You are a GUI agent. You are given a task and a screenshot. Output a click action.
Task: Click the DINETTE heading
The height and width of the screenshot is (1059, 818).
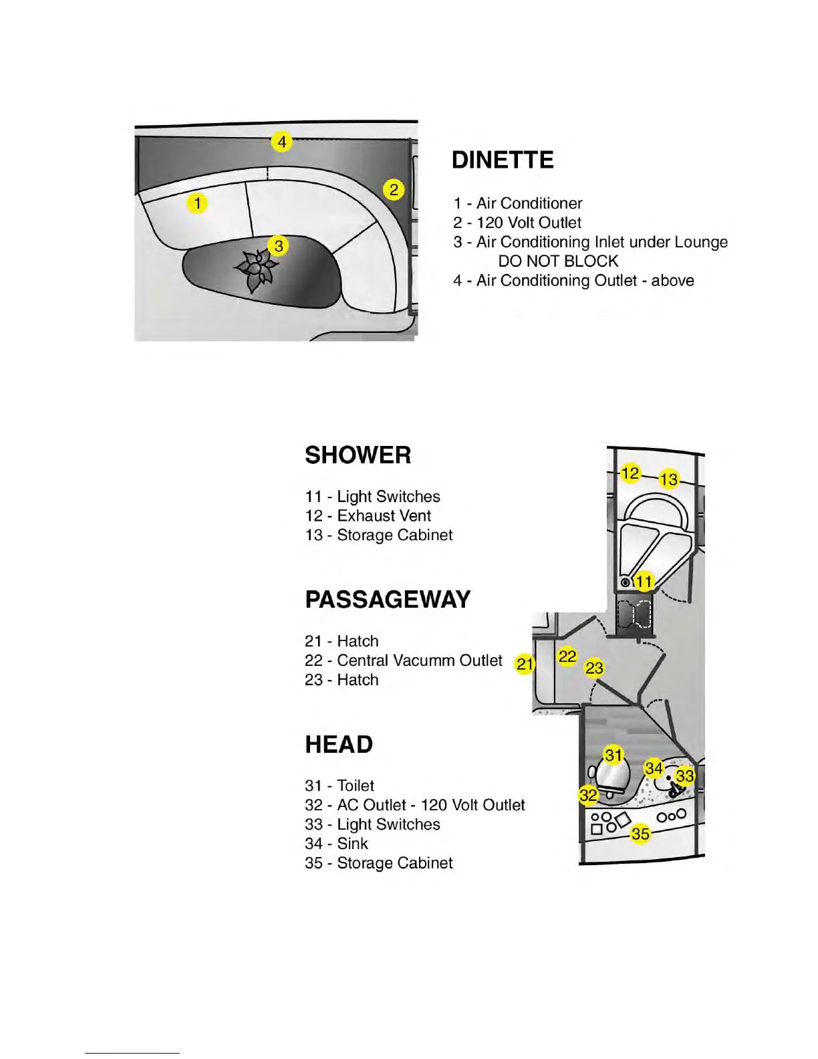[503, 160]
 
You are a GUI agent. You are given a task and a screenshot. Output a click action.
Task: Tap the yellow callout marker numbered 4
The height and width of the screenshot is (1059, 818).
[282, 142]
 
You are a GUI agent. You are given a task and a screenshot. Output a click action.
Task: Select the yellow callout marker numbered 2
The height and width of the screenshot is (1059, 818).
[394, 190]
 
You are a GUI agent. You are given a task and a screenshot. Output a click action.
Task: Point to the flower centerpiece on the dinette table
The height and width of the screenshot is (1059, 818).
[256, 269]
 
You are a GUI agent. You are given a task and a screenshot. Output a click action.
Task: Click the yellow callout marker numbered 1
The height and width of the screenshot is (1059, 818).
[197, 202]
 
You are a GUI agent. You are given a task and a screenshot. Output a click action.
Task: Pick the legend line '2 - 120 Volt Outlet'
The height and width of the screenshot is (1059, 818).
[517, 223]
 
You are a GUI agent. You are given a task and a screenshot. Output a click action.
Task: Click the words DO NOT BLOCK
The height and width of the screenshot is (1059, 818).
[558, 261]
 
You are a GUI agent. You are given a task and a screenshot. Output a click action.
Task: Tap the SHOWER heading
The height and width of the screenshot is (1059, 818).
[358, 455]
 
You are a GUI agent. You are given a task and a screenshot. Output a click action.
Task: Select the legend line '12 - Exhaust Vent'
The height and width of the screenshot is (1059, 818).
[368, 516]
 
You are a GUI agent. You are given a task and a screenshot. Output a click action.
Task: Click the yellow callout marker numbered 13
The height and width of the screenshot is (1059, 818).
[669, 479]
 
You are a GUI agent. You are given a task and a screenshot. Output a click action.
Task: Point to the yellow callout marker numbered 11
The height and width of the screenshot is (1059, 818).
[644, 582]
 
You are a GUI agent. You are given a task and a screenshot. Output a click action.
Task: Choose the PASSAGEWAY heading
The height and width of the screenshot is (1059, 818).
[388, 600]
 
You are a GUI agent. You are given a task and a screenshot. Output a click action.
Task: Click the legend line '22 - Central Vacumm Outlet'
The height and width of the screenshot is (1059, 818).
[404, 661]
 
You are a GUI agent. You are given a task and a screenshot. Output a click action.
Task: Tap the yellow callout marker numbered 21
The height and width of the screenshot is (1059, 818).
[525, 664]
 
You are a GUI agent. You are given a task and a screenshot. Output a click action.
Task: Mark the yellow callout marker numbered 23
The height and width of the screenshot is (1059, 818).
[594, 667]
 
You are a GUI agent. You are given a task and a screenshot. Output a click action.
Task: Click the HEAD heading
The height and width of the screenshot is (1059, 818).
[339, 745]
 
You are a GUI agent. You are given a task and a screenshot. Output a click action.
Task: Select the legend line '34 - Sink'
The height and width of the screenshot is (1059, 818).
[337, 844]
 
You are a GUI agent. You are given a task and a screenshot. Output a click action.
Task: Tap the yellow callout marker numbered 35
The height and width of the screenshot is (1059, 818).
[640, 834]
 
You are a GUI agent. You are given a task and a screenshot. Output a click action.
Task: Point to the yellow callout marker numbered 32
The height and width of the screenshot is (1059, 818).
[589, 795]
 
